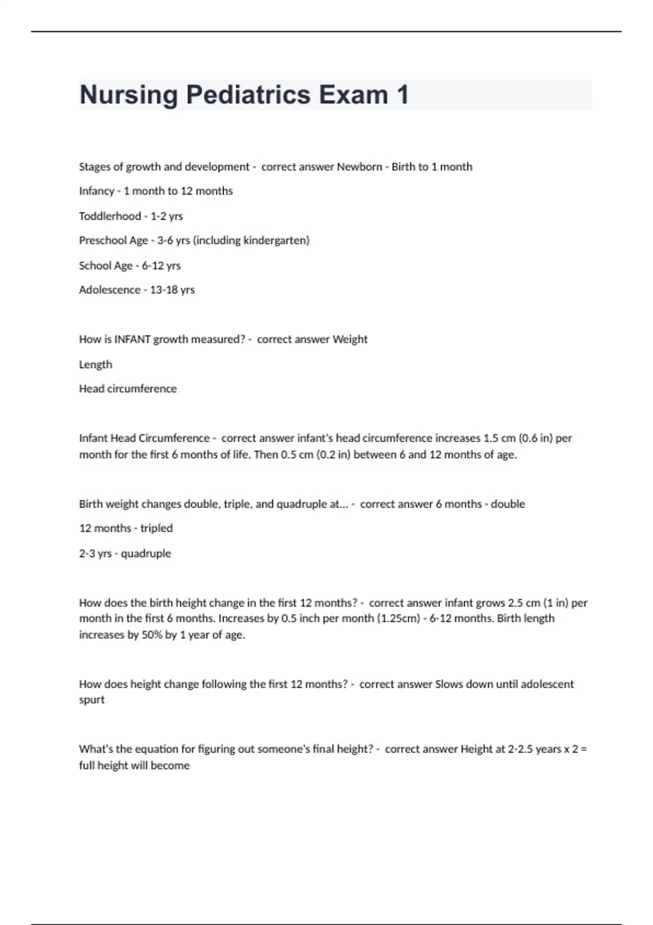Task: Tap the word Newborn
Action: pos(359,167)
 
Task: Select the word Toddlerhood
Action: pos(110,216)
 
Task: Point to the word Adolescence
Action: pos(109,290)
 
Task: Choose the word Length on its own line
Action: pos(96,365)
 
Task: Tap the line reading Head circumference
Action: pos(128,389)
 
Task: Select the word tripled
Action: pos(156,528)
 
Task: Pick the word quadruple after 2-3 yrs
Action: pos(146,553)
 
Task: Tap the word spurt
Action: pos(91,700)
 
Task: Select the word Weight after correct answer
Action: pos(350,340)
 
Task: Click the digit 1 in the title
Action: pos(402,95)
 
